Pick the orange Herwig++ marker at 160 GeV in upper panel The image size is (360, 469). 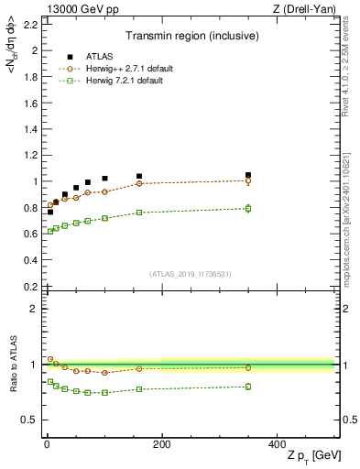(138, 183)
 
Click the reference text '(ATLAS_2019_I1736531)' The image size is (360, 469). (189, 274)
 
